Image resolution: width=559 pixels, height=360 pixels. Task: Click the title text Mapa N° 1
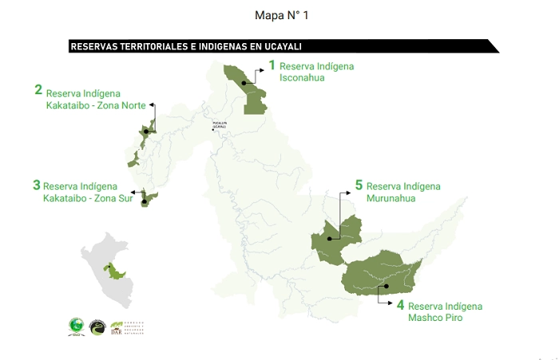279,15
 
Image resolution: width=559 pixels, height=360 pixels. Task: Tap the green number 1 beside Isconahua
272,65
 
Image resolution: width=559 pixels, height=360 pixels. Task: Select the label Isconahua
302,78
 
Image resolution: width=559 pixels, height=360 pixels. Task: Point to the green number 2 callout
38,90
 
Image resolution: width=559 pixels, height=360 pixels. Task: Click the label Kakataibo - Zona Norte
101,105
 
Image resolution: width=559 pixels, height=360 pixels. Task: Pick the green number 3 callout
37,185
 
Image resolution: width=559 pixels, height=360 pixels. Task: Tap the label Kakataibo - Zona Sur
88,198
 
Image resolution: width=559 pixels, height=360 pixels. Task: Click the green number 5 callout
359,185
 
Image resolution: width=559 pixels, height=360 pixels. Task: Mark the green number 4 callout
400,305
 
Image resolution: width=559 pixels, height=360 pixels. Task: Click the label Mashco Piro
435,318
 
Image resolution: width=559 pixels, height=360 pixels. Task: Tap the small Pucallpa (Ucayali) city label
220,125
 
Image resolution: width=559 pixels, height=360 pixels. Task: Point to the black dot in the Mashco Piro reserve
385,286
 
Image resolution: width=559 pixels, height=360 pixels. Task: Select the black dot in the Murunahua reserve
328,238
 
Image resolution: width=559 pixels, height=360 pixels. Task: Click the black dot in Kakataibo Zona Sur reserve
145,202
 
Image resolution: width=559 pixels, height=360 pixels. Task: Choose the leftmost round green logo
76,326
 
